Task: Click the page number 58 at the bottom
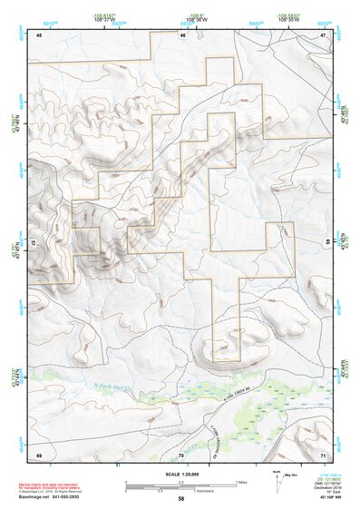coord(181,499)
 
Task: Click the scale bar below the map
coord(181,483)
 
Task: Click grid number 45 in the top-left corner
coord(39,35)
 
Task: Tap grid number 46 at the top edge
coord(182,35)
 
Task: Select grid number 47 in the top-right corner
coord(322,35)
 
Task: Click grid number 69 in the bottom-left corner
coord(39,453)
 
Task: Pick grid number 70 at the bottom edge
coord(181,453)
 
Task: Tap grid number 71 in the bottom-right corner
coord(322,453)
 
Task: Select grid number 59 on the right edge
coord(327,244)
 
